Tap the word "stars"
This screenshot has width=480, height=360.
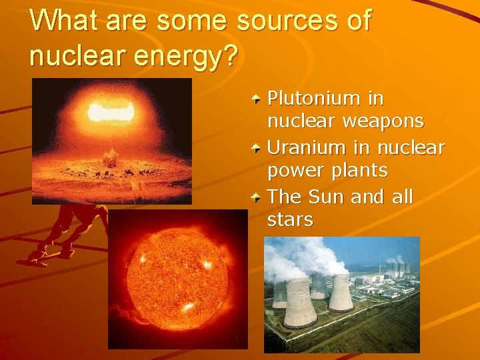(x=290, y=220)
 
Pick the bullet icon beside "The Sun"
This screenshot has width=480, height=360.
(x=257, y=198)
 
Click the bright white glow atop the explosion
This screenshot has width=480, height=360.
(x=111, y=112)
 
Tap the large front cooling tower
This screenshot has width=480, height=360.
(x=300, y=303)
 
